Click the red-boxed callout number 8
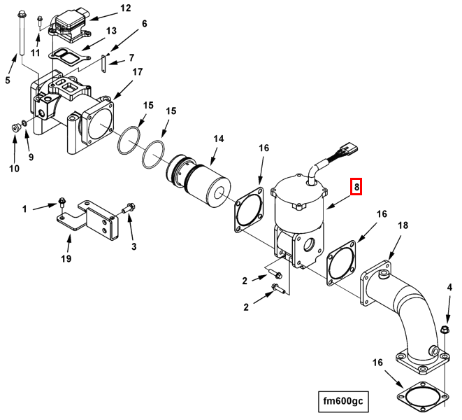coord(356,187)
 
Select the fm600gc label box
coord(343,401)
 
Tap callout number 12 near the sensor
coord(126,8)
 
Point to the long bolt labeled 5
coord(22,33)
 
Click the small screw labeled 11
coord(40,22)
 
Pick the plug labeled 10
coord(15,128)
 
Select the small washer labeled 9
coord(24,122)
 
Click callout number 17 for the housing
coord(138,71)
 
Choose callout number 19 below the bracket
coord(66,258)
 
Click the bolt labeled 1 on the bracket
coord(62,203)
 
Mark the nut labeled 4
coord(445,330)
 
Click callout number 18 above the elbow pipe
coord(403,225)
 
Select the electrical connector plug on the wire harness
coord(349,147)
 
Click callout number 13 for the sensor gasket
coord(111,31)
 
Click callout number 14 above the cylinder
coord(219,139)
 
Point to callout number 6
coord(144,24)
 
